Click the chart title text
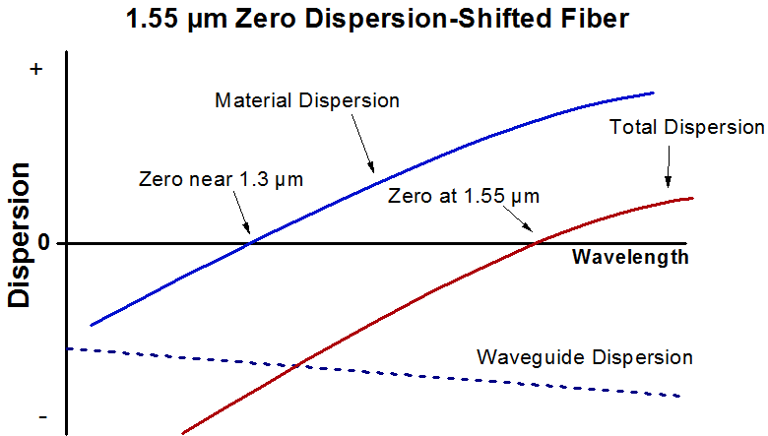377,20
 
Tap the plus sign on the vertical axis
35,70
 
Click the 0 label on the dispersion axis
44,242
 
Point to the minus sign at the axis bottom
42,417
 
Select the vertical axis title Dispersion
19,235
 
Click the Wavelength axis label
630,257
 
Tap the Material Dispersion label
307,100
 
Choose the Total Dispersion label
686,127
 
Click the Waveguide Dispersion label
585,357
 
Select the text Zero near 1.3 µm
221,179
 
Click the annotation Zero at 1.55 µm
464,196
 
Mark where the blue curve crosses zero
250,243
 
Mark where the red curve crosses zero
536,243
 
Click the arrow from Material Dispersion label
363,144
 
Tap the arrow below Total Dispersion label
669,166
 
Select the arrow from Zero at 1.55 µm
518,218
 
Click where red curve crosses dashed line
296,365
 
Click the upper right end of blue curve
654,92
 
